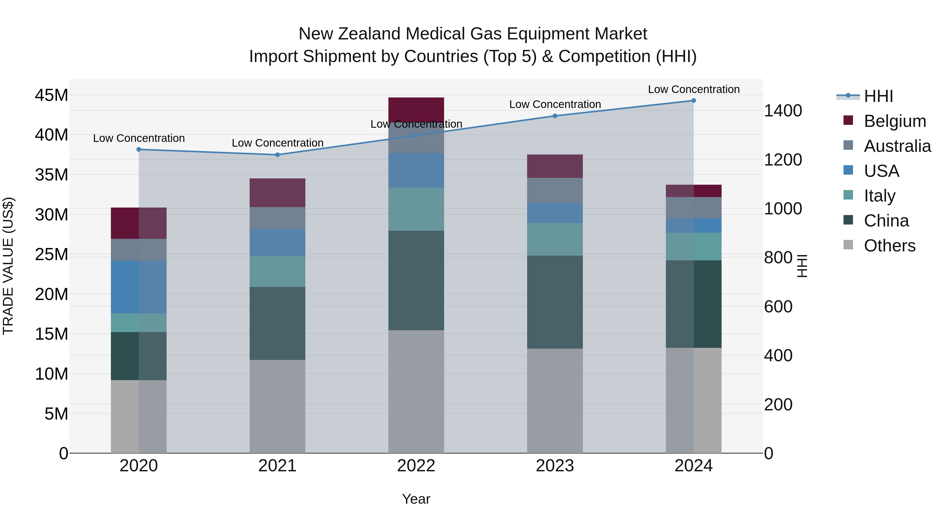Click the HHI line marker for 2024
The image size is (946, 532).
693,101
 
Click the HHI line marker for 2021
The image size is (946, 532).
277,155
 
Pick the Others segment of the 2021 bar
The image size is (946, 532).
277,406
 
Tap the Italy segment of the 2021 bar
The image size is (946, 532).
277,271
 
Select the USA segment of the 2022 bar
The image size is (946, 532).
416,170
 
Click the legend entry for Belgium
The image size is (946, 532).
894,121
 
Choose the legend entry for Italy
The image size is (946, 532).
880,196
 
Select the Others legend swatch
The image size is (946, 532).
848,245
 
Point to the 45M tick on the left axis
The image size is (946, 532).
52,95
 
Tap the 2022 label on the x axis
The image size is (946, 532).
416,466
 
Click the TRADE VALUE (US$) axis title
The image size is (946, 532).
8,266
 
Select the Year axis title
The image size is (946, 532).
416,499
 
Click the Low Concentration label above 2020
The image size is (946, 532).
139,138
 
